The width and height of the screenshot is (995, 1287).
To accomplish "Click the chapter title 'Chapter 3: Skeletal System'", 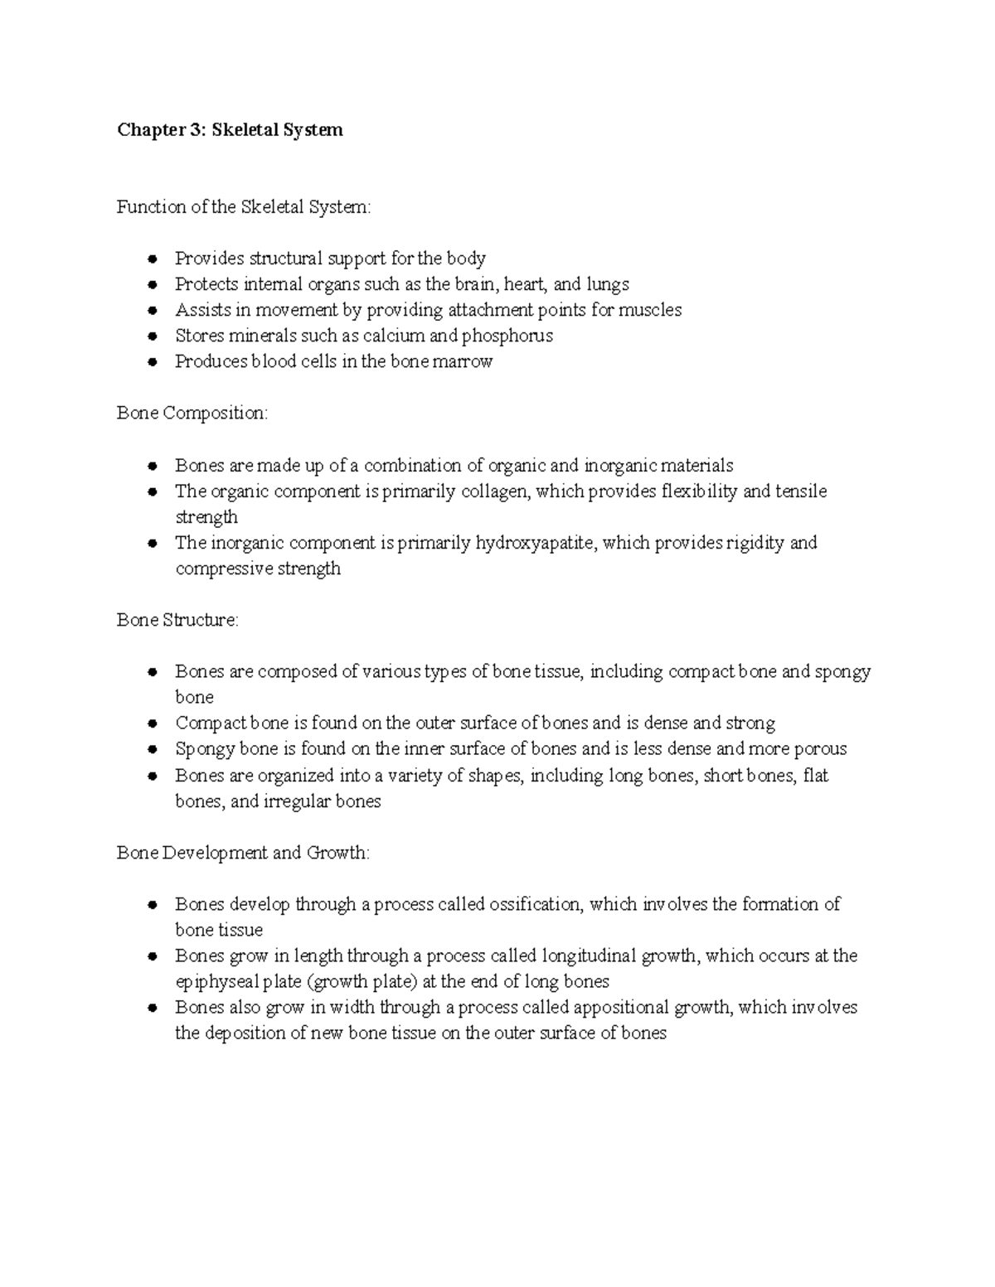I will pos(230,130).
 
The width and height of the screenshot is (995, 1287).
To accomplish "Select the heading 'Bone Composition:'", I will pos(192,413).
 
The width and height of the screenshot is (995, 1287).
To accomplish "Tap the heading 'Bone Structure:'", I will pos(177,620).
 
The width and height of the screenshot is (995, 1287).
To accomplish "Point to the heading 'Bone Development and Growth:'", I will pos(244,853).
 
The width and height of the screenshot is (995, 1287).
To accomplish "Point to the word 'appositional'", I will pos(620,1008).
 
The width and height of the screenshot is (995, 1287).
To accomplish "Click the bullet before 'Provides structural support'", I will pos(152,259).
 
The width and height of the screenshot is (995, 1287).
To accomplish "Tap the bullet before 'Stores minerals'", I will pos(152,336).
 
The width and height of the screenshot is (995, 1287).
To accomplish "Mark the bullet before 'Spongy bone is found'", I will pos(152,750).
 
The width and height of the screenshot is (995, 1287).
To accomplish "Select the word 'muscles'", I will pos(651,310).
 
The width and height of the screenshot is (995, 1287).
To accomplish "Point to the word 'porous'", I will pos(820,749).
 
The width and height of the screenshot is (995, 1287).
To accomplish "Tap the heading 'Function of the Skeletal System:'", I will pos(244,207).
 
